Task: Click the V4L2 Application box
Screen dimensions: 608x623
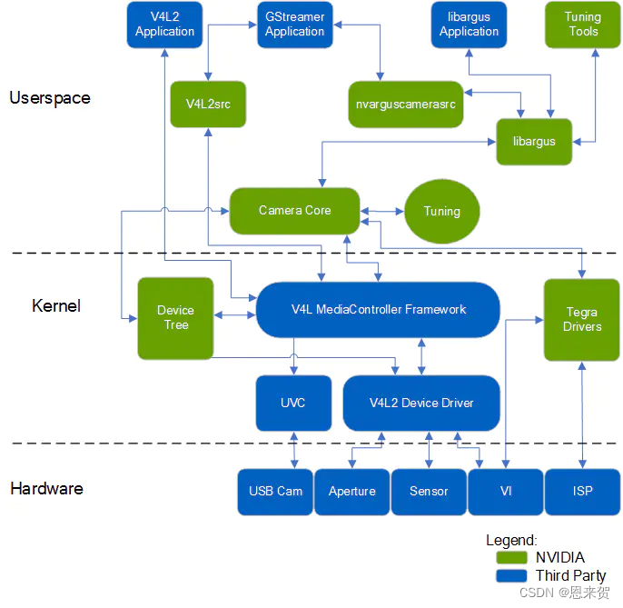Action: pos(164,25)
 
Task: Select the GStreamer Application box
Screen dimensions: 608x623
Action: pos(294,25)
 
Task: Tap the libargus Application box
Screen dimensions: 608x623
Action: pos(469,25)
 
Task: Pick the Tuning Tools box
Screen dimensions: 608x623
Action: pos(583,25)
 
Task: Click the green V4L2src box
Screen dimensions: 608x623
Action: pos(208,105)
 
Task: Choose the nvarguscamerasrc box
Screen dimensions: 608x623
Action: pos(406,105)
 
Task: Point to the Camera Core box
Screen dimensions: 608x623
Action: pos(294,211)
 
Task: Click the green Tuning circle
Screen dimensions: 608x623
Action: pos(442,211)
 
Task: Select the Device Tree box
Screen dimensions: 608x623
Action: pos(175,318)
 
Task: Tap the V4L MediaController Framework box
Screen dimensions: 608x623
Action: pos(378,310)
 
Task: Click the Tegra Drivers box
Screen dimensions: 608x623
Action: pos(581,319)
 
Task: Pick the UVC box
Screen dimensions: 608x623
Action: pos(293,403)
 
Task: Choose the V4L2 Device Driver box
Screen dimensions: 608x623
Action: pos(421,403)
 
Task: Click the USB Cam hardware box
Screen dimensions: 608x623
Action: pos(275,492)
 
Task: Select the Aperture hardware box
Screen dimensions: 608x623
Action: pos(352,492)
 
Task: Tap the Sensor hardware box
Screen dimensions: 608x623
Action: pos(429,492)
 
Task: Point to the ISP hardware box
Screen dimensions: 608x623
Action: pos(583,492)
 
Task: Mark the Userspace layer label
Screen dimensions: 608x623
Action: pos(50,98)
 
